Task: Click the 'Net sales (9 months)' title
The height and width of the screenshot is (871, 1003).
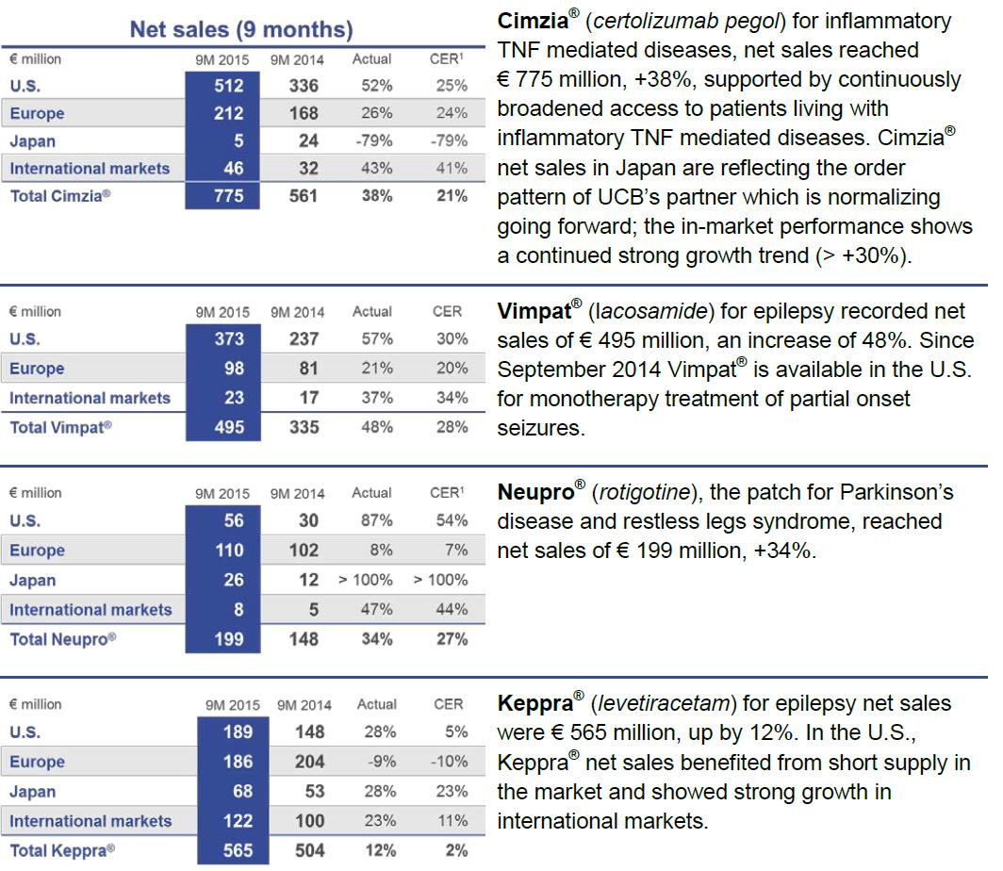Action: point(241,29)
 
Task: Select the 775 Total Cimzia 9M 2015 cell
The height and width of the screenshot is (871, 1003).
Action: point(228,196)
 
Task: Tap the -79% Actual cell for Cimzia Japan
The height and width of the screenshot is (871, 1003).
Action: point(374,140)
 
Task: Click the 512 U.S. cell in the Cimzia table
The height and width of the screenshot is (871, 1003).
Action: point(228,86)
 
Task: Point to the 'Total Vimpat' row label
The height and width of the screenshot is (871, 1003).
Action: point(60,427)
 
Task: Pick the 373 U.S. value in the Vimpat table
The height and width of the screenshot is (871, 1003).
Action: point(229,339)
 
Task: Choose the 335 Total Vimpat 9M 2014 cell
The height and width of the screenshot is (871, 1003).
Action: point(304,427)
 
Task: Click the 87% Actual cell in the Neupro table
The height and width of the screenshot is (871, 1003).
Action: point(377,520)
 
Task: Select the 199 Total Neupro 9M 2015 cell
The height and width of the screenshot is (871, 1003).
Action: point(228,639)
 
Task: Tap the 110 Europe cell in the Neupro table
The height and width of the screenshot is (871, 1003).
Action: point(229,550)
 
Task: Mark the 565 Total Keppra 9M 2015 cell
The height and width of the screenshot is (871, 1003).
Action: point(238,850)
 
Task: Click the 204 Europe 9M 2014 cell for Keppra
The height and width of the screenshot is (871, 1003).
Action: point(309,762)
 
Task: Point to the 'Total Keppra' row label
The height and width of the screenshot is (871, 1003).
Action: point(62,850)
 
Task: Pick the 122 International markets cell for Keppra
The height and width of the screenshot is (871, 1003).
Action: point(238,821)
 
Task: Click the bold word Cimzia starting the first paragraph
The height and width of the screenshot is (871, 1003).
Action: point(533,21)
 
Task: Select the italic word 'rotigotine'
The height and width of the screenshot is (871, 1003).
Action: point(645,492)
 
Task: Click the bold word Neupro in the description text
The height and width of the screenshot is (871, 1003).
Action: point(536,492)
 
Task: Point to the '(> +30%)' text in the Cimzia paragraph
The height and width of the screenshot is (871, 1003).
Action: point(863,255)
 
